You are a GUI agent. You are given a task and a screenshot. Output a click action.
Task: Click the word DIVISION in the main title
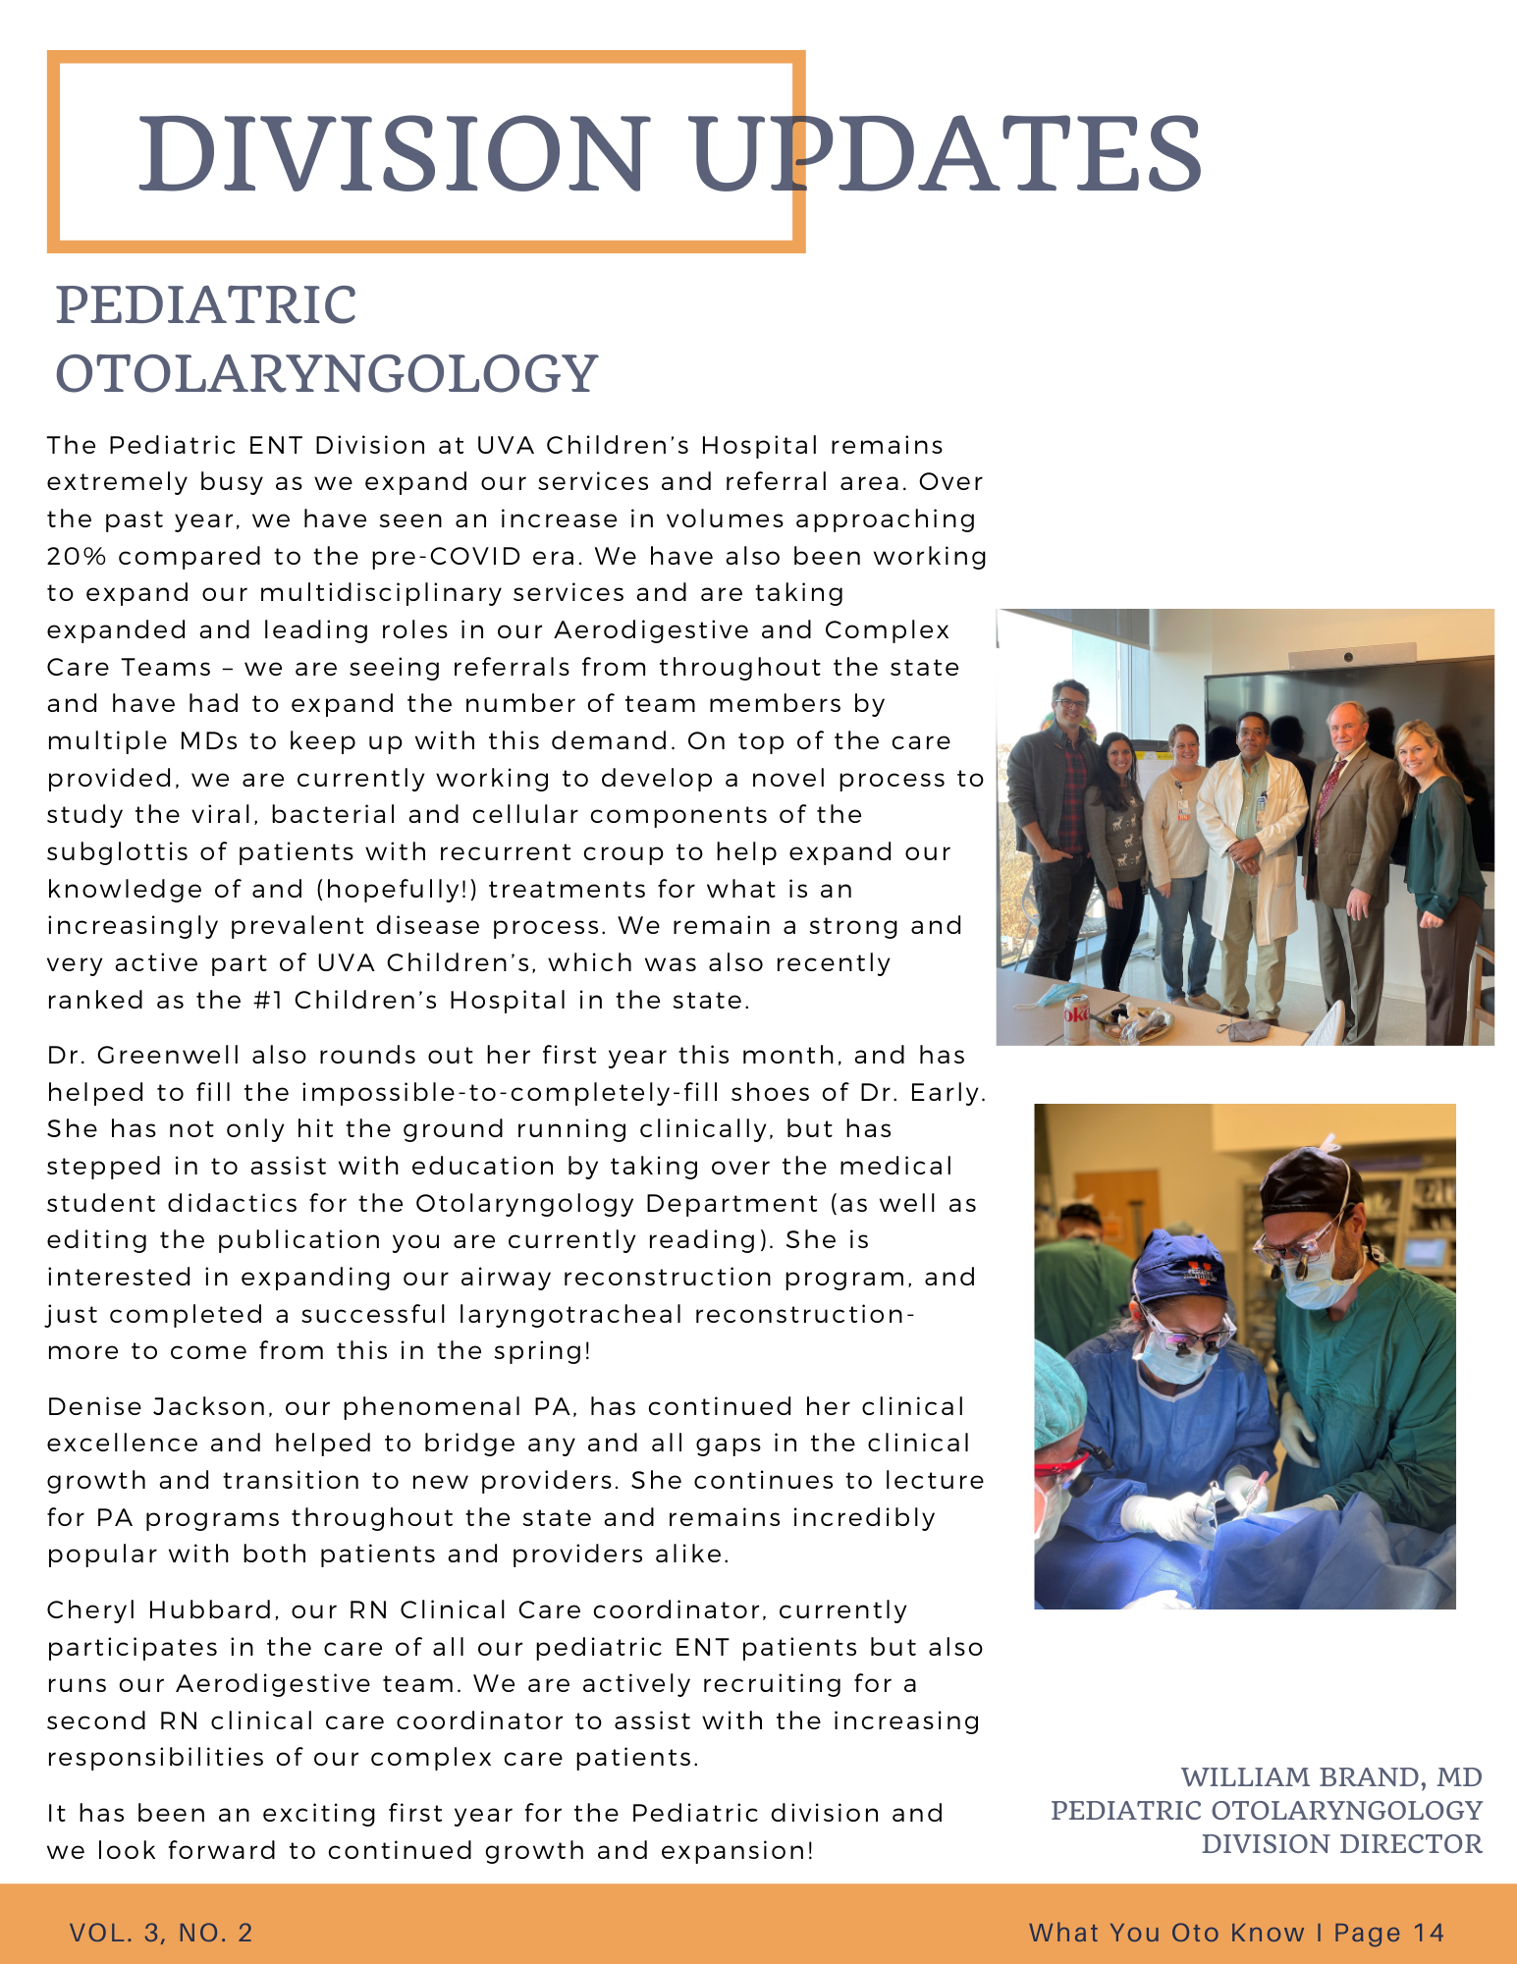pos(394,154)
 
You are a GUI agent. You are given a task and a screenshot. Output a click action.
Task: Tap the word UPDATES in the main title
pos(948,154)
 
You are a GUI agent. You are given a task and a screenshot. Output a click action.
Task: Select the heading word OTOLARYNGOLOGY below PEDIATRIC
pos(326,374)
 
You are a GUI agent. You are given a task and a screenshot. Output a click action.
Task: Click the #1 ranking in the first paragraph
pos(267,1001)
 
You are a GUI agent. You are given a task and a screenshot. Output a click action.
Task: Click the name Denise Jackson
pos(157,1407)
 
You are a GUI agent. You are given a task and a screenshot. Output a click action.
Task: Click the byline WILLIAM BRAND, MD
pos(1330,1777)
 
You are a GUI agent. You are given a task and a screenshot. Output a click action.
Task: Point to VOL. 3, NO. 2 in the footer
pos(161,1934)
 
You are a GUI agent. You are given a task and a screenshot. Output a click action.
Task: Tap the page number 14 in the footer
pos(1429,1934)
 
